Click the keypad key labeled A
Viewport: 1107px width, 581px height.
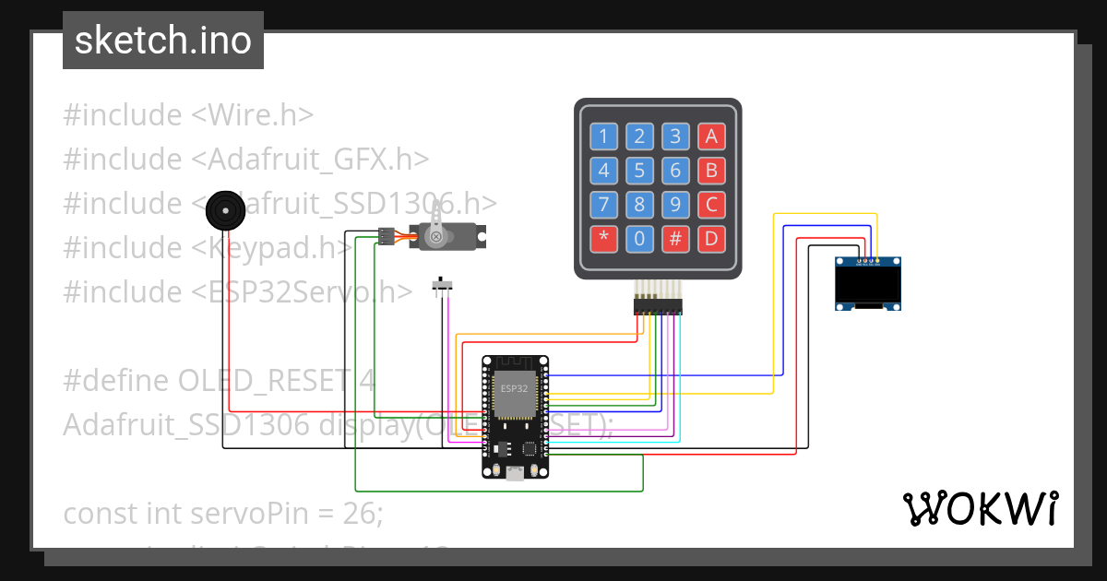click(711, 137)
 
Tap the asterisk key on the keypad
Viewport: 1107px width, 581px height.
click(603, 239)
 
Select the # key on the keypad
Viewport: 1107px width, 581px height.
click(675, 239)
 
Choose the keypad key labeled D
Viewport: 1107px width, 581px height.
click(711, 239)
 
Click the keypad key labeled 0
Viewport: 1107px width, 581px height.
click(639, 239)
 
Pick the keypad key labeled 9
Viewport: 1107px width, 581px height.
click(675, 205)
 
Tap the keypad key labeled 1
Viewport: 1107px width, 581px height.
click(603, 137)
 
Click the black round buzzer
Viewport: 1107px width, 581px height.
click(224, 211)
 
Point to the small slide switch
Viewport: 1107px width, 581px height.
click(444, 287)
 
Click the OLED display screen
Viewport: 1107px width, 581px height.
click(868, 284)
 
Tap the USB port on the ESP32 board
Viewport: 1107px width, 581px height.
click(514, 473)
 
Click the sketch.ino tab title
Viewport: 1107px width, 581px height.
click(163, 41)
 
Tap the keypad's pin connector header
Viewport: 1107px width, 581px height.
click(658, 305)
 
